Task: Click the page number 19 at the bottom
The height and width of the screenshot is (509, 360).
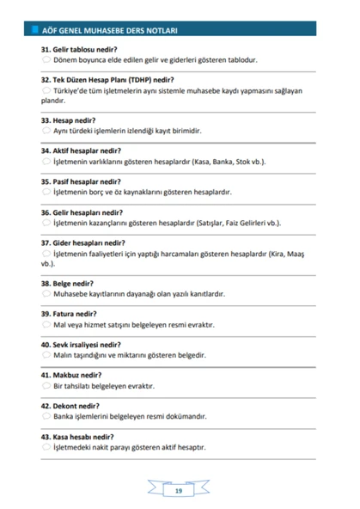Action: tap(178, 491)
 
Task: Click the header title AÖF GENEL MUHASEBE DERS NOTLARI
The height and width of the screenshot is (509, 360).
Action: tap(107, 29)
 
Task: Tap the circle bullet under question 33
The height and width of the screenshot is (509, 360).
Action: tap(46, 130)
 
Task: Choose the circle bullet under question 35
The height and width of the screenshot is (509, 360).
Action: tap(46, 191)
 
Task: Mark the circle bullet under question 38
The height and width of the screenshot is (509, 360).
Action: tap(46, 293)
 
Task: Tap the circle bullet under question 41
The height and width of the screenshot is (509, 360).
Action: tap(46, 385)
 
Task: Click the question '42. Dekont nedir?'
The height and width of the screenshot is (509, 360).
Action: tap(70, 406)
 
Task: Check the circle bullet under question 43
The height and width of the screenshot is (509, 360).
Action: tap(46, 447)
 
